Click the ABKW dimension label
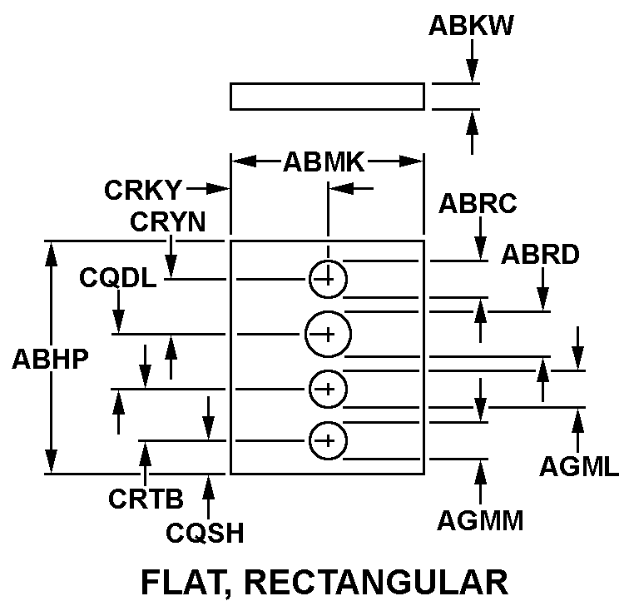(470, 27)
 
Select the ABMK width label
(324, 161)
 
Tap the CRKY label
(142, 191)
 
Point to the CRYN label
(168, 222)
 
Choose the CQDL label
(117, 278)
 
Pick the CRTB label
(146, 499)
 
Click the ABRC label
(478, 204)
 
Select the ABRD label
(540, 256)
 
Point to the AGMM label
(480, 522)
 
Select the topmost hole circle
(328, 279)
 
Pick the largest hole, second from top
(328, 334)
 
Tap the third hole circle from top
(328, 388)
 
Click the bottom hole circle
(328, 440)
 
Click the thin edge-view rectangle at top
(327, 96)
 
